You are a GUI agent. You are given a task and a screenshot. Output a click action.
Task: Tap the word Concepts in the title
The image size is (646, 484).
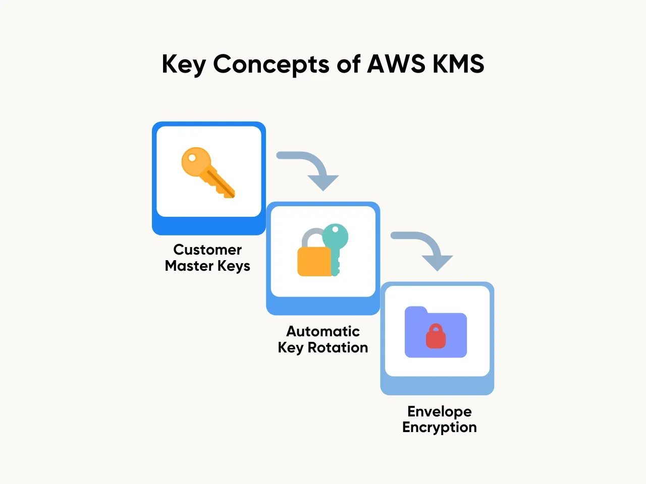pyautogui.click(x=271, y=65)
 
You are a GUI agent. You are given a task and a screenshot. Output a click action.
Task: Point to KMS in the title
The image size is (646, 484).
pyautogui.click(x=458, y=64)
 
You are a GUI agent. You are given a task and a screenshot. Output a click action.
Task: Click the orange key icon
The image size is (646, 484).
pyautogui.click(x=208, y=172)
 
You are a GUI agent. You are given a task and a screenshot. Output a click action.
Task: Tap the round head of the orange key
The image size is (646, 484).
pyautogui.click(x=195, y=161)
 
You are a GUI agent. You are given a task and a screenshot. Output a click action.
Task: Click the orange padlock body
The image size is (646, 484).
pyautogui.click(x=314, y=261)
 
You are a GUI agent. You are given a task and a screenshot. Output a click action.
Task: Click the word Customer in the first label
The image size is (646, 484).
pyautogui.click(x=207, y=250)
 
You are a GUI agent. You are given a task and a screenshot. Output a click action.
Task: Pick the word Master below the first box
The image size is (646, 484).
pyautogui.click(x=189, y=266)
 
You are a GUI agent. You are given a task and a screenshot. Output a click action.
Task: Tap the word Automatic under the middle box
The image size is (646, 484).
pyautogui.click(x=323, y=331)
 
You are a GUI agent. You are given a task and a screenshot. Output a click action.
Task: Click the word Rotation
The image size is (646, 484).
pyautogui.click(x=338, y=347)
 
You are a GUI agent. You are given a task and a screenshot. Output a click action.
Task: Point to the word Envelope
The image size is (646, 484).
pyautogui.click(x=440, y=411)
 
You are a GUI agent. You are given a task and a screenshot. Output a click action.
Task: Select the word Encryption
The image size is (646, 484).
pyautogui.click(x=440, y=428)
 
